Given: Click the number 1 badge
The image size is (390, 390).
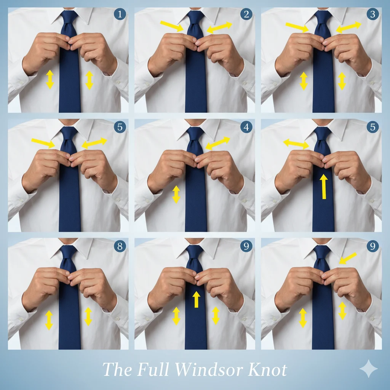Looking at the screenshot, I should click(x=120, y=15).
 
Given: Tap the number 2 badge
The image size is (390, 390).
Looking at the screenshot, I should click(x=246, y=15).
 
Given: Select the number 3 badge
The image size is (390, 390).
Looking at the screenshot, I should click(x=372, y=15).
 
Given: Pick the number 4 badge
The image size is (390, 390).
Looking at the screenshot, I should click(x=246, y=127).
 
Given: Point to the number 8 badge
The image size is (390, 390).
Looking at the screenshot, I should click(x=120, y=246).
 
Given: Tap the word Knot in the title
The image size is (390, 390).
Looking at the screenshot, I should click(x=268, y=370).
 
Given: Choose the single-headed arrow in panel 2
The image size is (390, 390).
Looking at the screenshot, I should click(x=173, y=26).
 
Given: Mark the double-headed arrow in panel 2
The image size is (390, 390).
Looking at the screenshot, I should click(x=219, y=27).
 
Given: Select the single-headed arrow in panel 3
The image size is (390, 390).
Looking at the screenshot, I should click(x=297, y=27).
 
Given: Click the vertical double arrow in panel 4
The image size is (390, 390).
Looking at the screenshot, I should click(x=176, y=194).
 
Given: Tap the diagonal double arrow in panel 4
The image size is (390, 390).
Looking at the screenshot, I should click(x=217, y=143).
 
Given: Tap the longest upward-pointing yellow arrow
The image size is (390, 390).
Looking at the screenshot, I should click(x=323, y=187).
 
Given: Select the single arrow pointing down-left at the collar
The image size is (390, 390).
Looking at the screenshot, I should click(x=347, y=258).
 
